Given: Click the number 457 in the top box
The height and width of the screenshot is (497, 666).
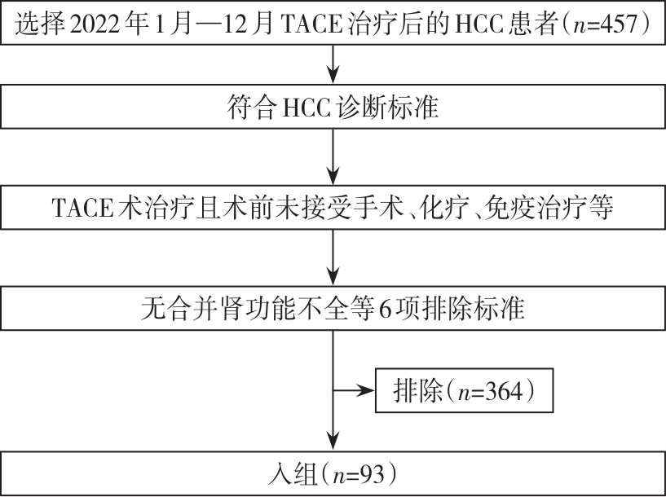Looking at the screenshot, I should (617, 26).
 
